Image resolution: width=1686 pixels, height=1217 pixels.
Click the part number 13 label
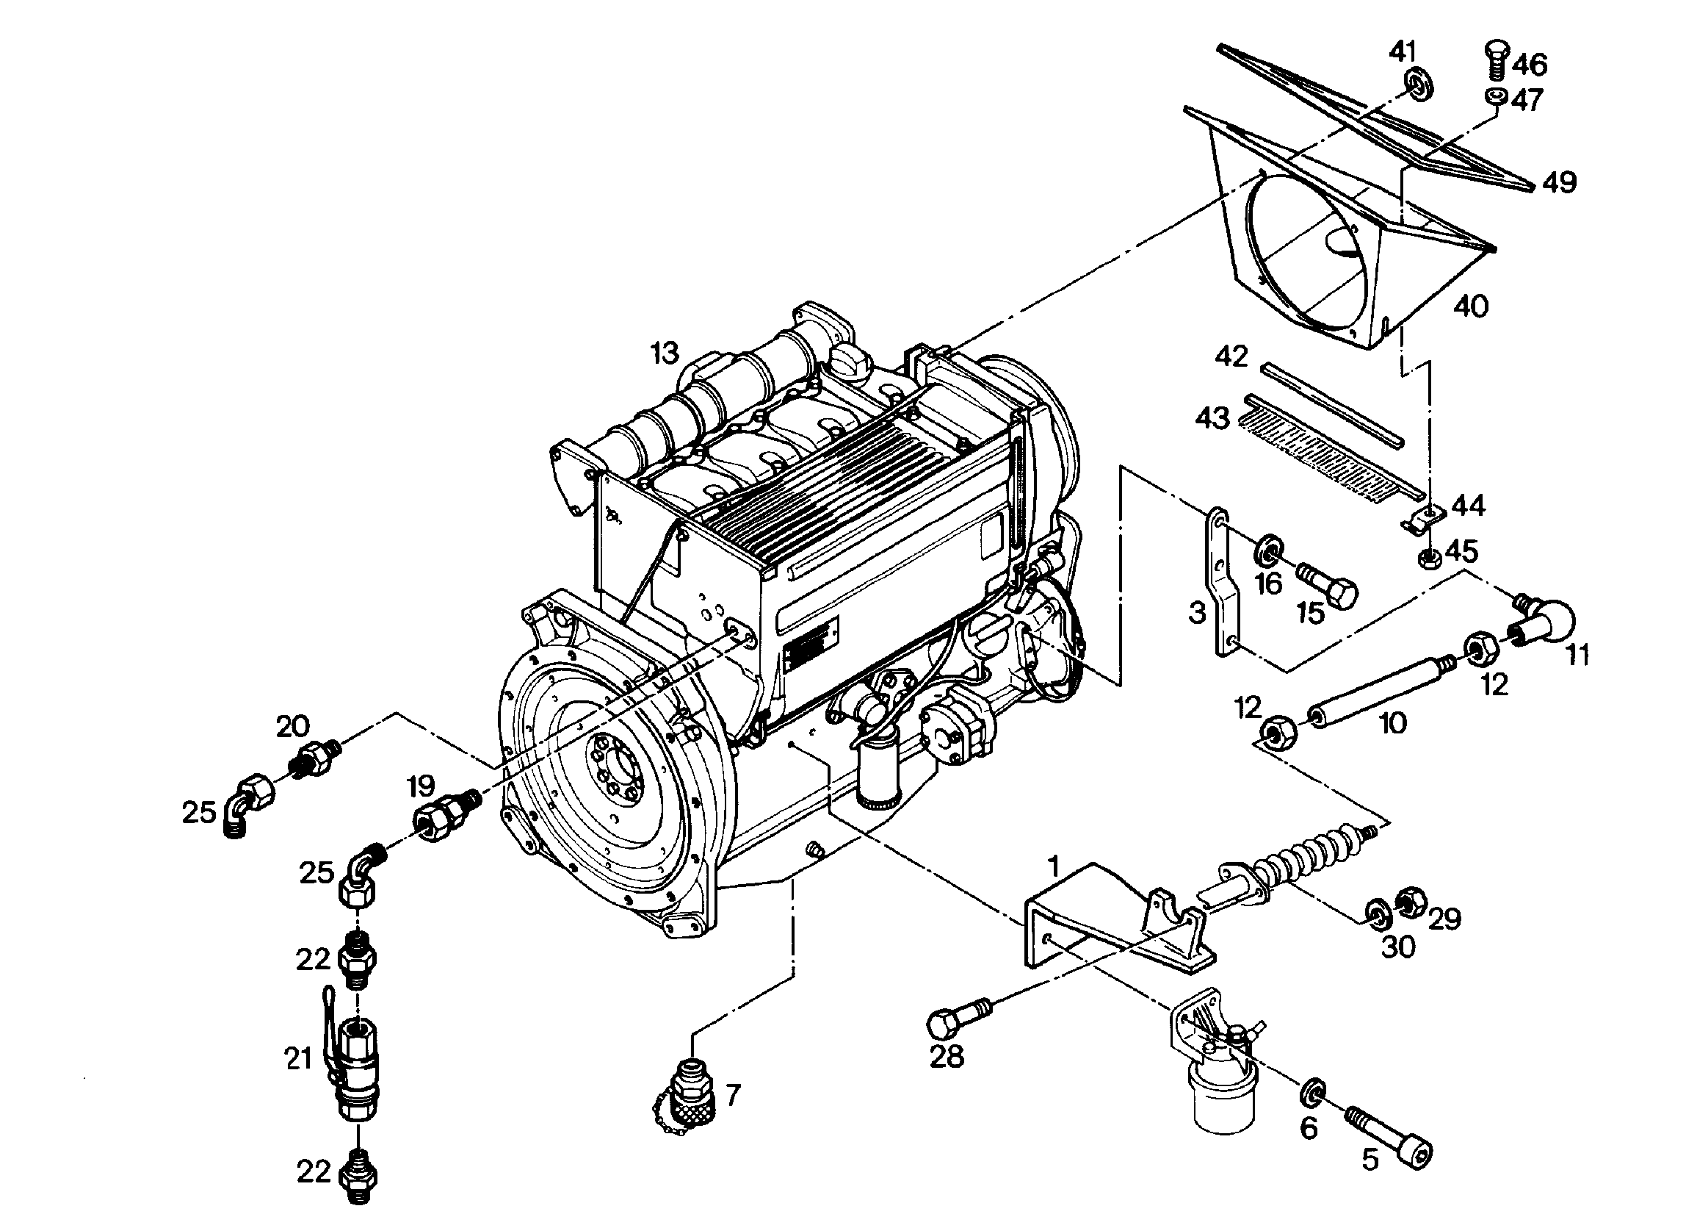coord(665,353)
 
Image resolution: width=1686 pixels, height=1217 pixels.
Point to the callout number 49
coord(1559,182)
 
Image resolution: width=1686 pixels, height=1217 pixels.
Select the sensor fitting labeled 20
coord(314,754)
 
